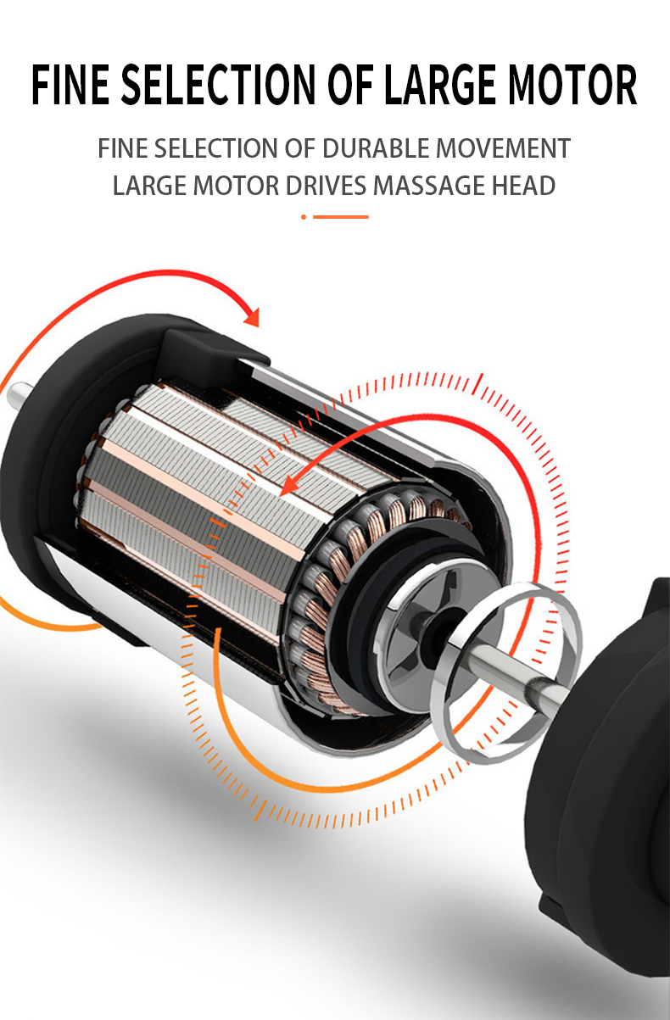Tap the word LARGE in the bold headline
[x=441, y=84]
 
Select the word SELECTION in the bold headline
[x=218, y=84]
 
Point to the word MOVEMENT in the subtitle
[x=503, y=148]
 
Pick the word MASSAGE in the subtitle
[x=428, y=186]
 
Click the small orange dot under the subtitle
[x=304, y=217]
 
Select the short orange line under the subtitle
[x=341, y=217]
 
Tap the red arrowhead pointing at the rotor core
[x=288, y=486]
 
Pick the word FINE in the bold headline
[x=70, y=84]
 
